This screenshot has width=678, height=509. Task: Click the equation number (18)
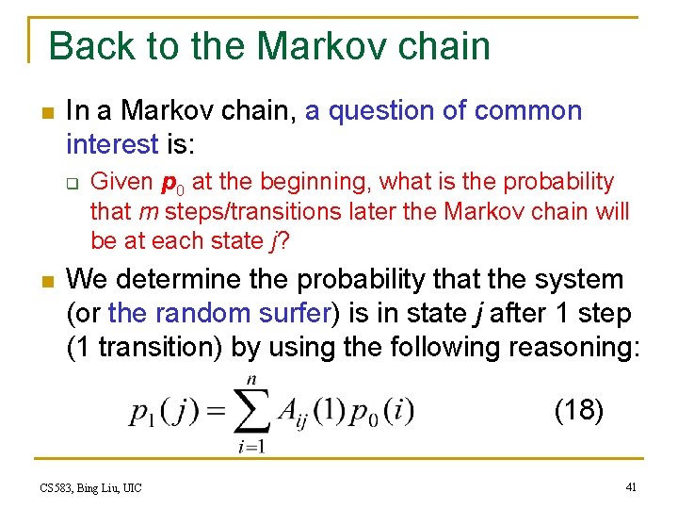pos(578,410)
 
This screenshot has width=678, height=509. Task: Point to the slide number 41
pos(631,486)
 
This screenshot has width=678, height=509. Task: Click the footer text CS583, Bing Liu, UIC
pos(91,487)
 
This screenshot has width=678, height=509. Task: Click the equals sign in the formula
pos(215,412)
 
